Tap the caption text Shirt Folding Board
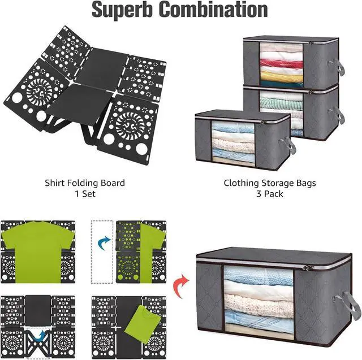[x=85, y=183]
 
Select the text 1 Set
[x=85, y=194]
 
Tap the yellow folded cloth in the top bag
[x=282, y=76]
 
